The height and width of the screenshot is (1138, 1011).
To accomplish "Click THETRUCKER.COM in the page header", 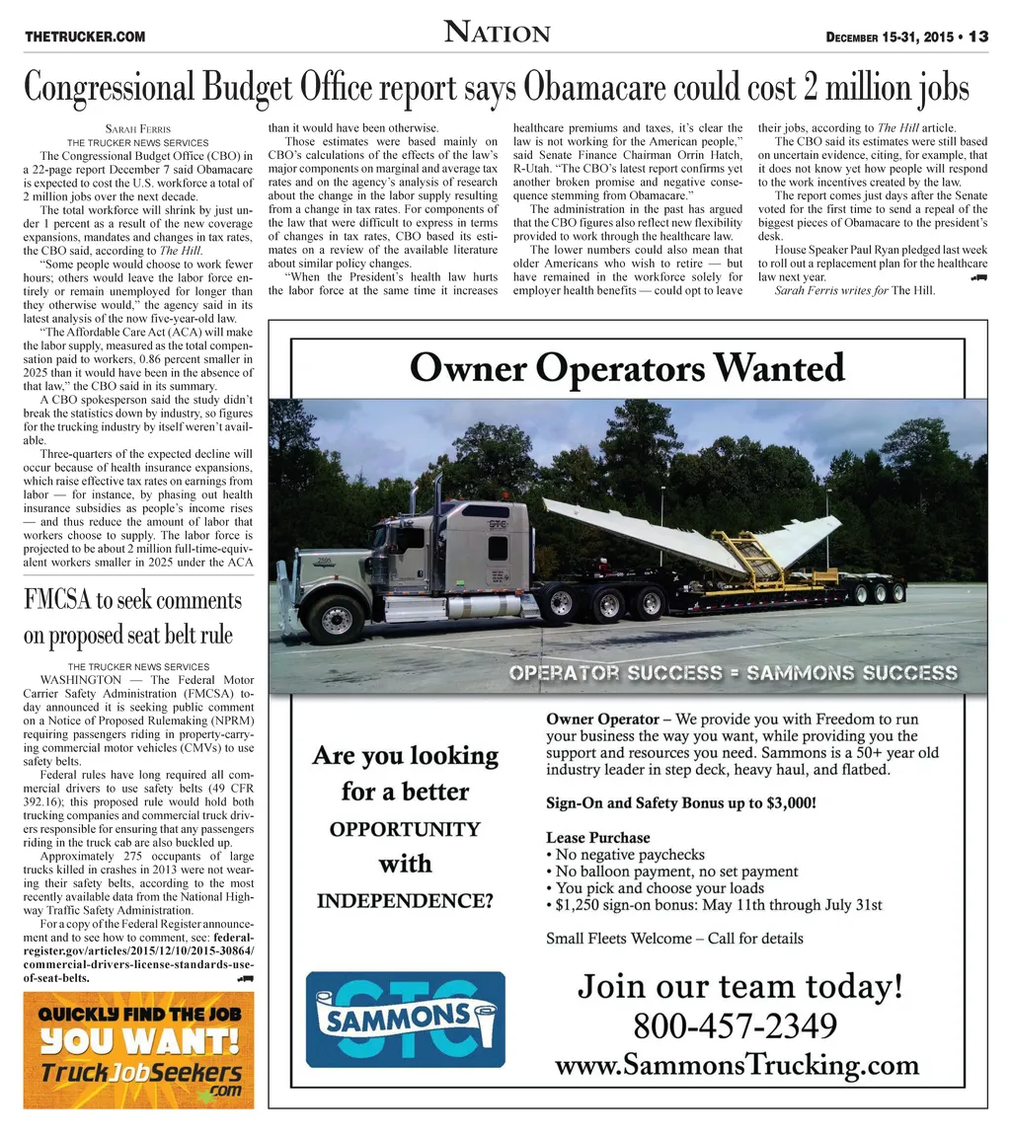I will point(85,38).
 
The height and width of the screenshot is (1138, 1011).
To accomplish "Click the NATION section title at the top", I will point(497,33).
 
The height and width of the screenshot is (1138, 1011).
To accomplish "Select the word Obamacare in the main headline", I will point(595,88).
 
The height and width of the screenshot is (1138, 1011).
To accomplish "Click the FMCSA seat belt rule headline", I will point(132,617).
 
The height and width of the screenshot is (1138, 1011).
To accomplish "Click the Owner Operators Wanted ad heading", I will point(627,368).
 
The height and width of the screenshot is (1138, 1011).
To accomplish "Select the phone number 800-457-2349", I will point(736,1025).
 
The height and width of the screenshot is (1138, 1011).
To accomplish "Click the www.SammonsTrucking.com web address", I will point(737,1066).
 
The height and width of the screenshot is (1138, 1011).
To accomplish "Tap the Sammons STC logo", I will point(405,1019).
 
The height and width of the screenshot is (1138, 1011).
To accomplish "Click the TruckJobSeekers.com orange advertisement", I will point(138,1050).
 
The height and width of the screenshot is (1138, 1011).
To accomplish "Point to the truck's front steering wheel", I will point(337,619).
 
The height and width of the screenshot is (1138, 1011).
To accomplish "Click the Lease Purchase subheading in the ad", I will point(597,837).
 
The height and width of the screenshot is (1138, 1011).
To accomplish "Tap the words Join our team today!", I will point(739,985).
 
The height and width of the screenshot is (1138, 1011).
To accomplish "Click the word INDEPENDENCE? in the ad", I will point(405,901).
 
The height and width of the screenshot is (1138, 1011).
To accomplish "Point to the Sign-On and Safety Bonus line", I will point(681,802).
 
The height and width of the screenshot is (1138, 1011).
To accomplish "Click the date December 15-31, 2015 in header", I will point(889,38).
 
